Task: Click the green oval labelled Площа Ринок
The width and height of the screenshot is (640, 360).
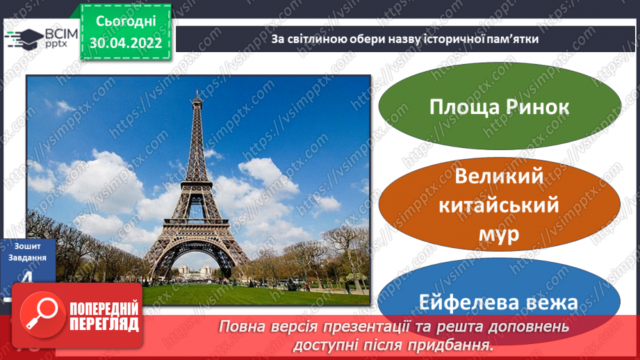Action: click(500, 108)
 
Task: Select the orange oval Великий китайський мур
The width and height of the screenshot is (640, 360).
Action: click(500, 206)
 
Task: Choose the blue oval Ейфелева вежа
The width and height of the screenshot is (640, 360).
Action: click(500, 302)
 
